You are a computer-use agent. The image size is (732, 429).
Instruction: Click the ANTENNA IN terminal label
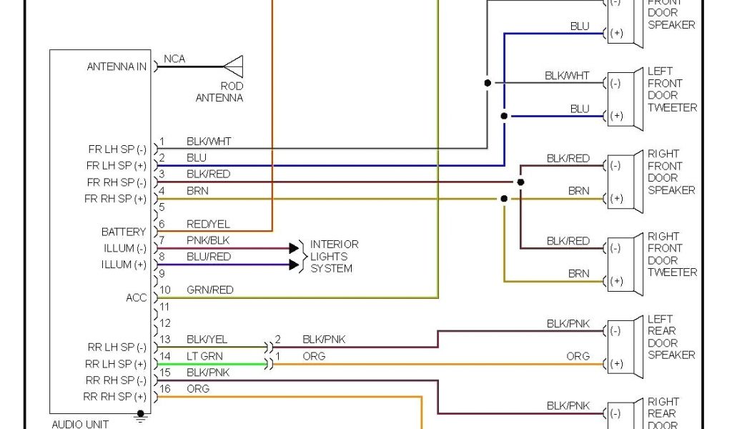click(117, 66)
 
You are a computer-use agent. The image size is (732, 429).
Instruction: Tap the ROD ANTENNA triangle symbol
click(233, 66)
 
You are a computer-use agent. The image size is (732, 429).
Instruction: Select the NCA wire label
click(174, 59)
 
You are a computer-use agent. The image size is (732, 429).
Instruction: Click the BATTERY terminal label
click(124, 232)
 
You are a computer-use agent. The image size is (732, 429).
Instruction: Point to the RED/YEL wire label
click(208, 224)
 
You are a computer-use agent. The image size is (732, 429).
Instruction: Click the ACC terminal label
click(136, 297)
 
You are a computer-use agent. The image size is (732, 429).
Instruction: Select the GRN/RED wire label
click(209, 290)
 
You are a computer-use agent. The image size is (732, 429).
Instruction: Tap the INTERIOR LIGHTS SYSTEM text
click(334, 256)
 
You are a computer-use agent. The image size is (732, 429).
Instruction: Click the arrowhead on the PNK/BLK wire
click(294, 248)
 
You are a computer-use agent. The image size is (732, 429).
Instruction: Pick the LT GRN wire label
click(204, 355)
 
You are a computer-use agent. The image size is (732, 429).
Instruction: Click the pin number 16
click(164, 388)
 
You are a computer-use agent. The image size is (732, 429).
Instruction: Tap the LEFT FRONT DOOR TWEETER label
click(672, 89)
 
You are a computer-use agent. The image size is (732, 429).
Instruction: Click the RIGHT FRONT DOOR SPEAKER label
click(672, 172)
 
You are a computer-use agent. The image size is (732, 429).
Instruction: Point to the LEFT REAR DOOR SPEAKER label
click(671, 337)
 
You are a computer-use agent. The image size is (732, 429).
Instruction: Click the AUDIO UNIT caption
click(80, 424)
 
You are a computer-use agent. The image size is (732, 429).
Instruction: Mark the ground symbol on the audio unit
click(141, 415)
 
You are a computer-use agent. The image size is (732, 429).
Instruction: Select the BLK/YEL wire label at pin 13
click(207, 339)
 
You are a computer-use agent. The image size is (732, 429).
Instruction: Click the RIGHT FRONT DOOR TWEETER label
click(672, 254)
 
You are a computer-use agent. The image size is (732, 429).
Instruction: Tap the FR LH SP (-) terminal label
click(117, 149)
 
